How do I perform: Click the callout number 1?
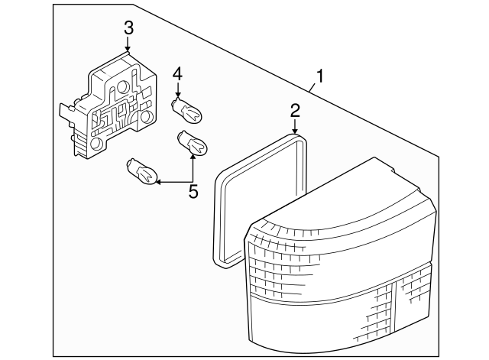[x=322, y=76]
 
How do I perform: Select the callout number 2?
[x=295, y=112]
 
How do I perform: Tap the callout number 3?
[x=128, y=28]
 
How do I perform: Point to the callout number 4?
[x=177, y=74]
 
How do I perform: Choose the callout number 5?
[x=193, y=191]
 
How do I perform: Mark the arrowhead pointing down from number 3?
[x=128, y=49]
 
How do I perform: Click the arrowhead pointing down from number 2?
[x=295, y=133]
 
